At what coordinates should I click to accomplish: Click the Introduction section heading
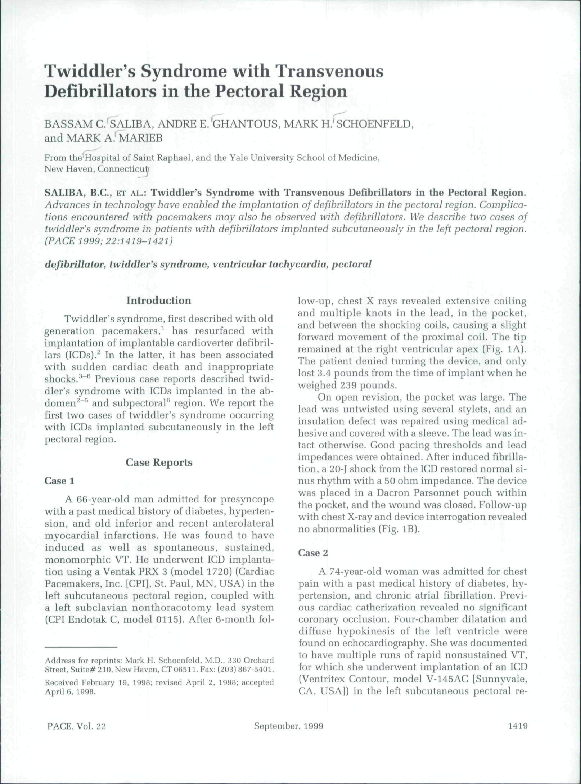point(158,300)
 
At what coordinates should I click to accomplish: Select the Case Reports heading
point(159,461)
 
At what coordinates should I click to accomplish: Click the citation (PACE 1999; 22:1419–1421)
point(111,241)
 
